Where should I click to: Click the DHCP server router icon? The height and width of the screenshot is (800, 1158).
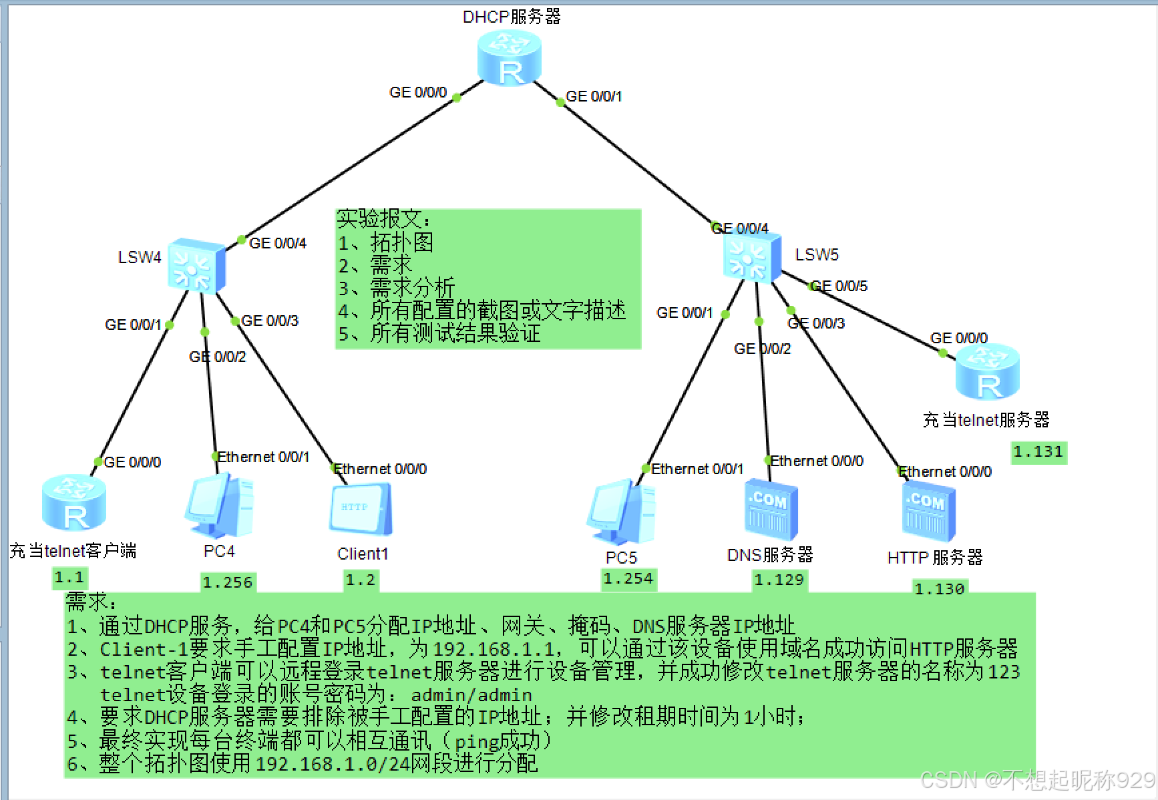pos(510,58)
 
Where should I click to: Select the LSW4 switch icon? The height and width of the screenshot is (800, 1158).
pos(196,266)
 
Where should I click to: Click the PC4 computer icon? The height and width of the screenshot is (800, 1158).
pos(220,506)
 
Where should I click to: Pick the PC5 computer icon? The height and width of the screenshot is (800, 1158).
pos(622,512)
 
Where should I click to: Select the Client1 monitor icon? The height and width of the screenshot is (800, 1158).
pos(361,508)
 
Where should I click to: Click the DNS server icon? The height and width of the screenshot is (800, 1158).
pos(771,509)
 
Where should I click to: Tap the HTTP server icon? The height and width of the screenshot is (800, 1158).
pos(928,511)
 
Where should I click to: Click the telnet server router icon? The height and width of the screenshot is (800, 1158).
pos(987,373)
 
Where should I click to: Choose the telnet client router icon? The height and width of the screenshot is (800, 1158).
pos(73,503)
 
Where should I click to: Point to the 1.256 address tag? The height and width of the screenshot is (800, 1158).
pos(228,582)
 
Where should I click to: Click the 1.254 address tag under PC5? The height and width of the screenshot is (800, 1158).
pos(628,578)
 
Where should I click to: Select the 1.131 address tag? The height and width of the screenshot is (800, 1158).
pos(1038,452)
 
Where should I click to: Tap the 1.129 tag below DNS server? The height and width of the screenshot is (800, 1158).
pos(779,580)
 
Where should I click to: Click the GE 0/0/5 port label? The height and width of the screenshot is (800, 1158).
pos(839,286)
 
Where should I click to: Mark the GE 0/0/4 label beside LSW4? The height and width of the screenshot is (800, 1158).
pos(277,243)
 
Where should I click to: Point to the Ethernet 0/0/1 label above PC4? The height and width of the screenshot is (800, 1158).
pos(263,457)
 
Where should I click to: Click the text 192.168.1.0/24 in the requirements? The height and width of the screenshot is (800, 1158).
pos(332,763)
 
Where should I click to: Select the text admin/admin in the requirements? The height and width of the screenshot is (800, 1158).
pos(471,695)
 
